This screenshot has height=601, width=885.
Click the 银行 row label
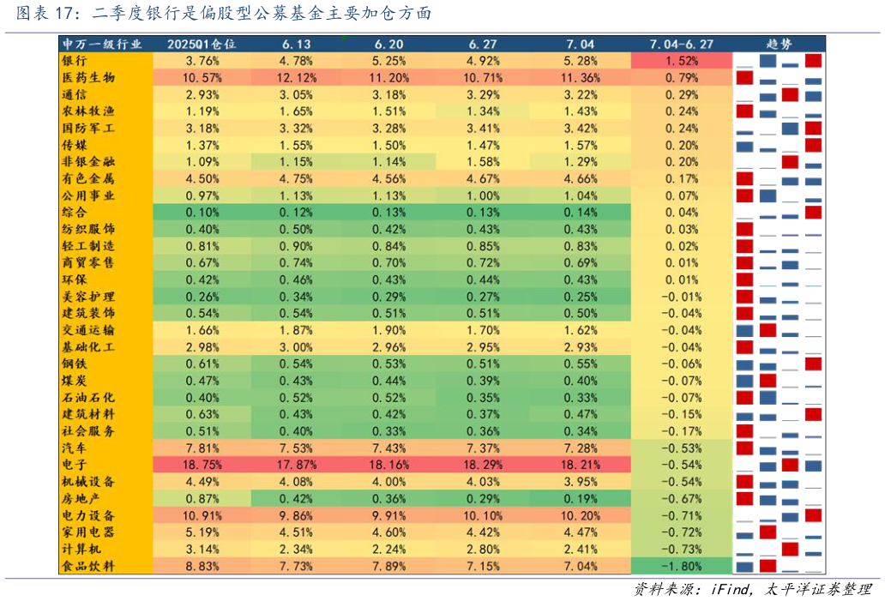click(x=74, y=61)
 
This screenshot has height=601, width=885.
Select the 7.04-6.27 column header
click(x=681, y=44)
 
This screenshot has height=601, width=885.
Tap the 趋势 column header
click(x=779, y=44)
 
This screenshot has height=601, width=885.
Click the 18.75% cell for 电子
click(x=202, y=465)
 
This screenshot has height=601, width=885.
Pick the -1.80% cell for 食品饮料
click(x=682, y=566)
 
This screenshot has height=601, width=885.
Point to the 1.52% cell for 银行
click(x=682, y=61)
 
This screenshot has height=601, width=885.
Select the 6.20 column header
click(x=389, y=44)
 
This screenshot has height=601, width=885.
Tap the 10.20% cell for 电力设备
click(x=580, y=515)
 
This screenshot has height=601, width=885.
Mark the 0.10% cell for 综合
click(x=202, y=213)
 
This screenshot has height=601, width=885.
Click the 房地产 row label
click(x=81, y=498)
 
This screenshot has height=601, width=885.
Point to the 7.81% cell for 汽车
click(x=202, y=448)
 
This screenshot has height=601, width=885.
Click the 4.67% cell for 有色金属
click(x=485, y=178)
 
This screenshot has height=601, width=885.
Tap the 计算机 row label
click(x=81, y=549)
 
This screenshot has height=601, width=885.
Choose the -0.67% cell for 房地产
click(x=682, y=498)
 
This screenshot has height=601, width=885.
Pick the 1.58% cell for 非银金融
click(x=485, y=161)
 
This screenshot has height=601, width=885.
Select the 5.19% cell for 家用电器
click(x=202, y=532)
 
